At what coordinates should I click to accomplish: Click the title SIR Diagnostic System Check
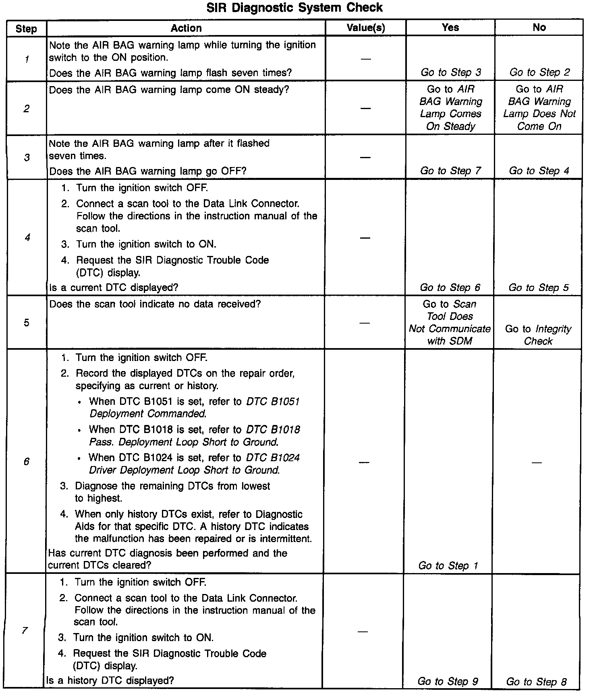point(294,8)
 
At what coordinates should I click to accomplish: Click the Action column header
point(186,28)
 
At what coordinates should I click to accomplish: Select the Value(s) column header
point(366,28)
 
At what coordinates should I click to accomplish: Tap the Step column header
point(26,29)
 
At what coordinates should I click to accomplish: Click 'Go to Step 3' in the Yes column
point(451,72)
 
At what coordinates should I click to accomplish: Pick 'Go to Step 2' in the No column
point(539,72)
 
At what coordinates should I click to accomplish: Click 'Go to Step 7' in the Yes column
point(450,171)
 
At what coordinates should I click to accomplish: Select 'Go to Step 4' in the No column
point(539,171)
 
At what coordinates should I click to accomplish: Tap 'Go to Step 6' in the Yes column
point(450,288)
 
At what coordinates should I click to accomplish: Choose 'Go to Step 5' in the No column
point(539,288)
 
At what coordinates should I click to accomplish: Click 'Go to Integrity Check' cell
point(538,335)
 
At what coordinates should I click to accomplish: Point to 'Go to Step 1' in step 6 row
point(448,566)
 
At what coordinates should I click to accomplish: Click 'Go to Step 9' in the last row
point(448,681)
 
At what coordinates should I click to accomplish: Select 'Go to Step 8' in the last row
point(536,682)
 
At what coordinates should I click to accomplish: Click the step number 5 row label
point(26,323)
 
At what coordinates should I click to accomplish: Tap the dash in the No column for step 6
point(536,462)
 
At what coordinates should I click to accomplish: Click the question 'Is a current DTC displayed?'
point(114,288)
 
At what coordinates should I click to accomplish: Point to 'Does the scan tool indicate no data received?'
point(155,304)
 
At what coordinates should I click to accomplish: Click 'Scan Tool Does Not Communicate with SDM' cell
point(450,323)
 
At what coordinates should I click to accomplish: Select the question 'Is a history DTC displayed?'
point(110,681)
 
